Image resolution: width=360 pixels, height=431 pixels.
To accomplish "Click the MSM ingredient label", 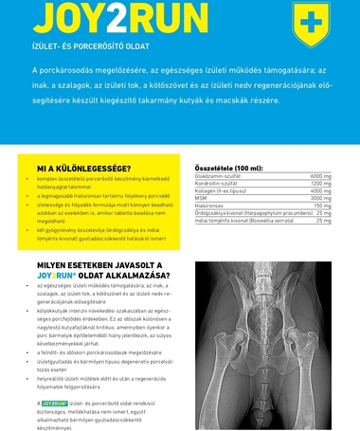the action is (x=201, y=198).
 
